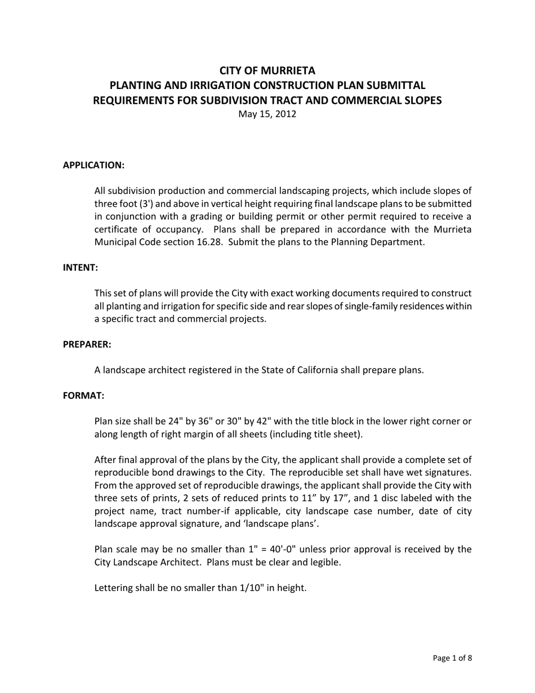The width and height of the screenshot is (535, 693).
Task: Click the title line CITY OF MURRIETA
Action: point(267,70)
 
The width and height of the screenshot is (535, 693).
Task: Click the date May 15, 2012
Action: point(267,114)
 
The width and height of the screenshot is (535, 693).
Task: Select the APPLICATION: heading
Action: point(93,165)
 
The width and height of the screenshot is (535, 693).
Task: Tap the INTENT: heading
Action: point(80,268)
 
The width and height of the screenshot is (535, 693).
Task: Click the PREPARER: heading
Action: point(87,344)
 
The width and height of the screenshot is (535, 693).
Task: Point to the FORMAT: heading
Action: point(83,396)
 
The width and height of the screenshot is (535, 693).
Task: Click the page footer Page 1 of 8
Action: point(452,658)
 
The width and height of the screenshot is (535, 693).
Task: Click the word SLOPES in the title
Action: point(423,100)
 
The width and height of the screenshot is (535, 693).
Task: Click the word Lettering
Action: point(113,588)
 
